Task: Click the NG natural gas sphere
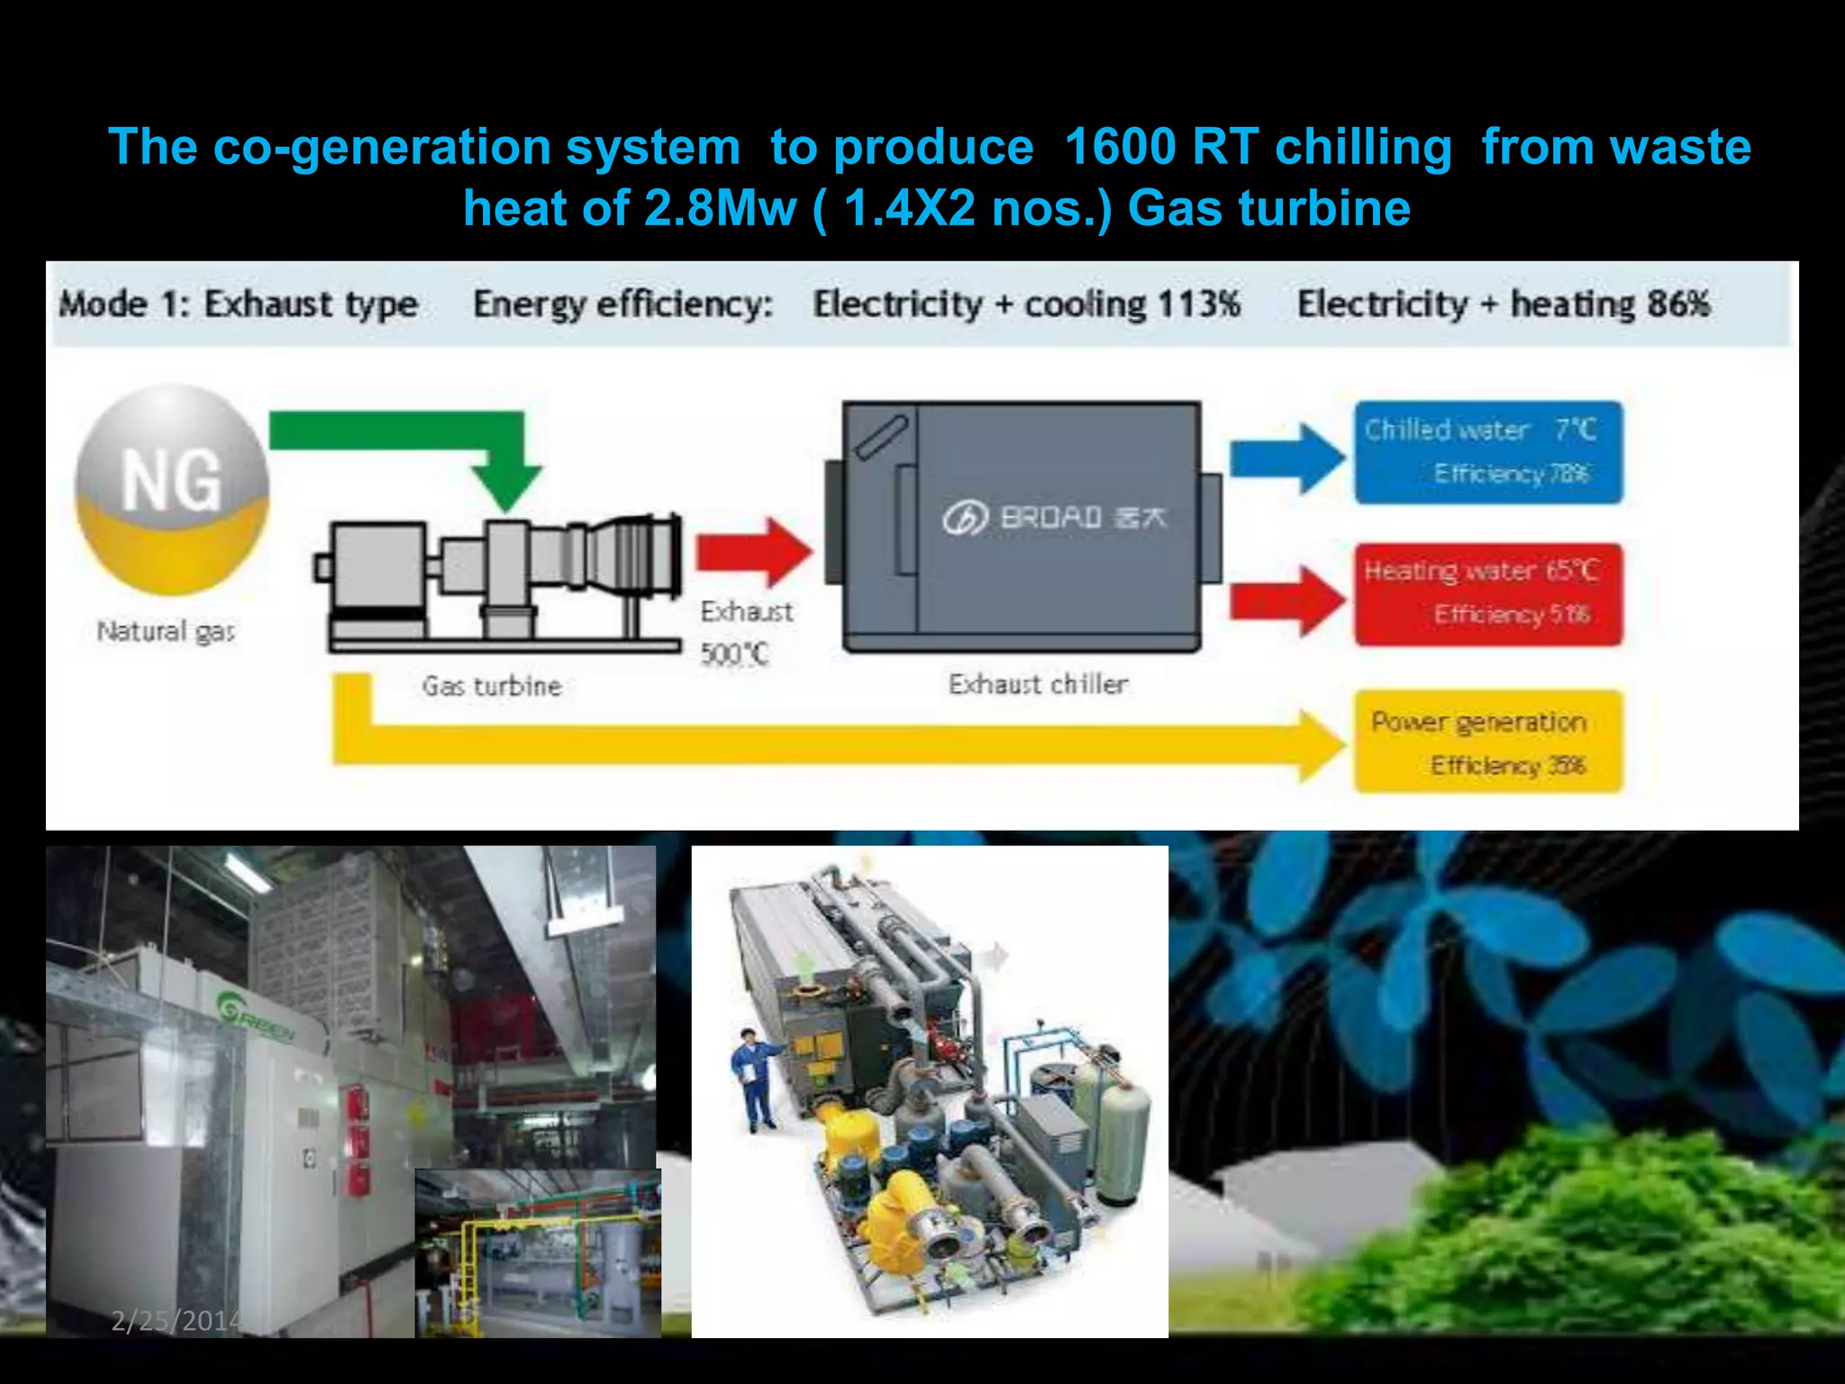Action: pyautogui.click(x=172, y=489)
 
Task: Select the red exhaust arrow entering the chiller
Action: pyautogui.click(x=752, y=552)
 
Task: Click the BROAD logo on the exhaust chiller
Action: pyautogui.click(x=1054, y=518)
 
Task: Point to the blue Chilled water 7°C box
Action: pyautogui.click(x=1487, y=452)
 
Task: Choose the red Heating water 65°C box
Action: pyautogui.click(x=1487, y=594)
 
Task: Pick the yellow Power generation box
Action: pyautogui.click(x=1487, y=742)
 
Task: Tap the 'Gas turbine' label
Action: pyautogui.click(x=492, y=687)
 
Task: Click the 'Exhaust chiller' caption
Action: pyautogui.click(x=1038, y=685)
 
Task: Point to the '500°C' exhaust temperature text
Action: pyautogui.click(x=735, y=653)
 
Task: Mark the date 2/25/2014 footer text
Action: pyautogui.click(x=177, y=1321)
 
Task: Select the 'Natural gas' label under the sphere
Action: pyautogui.click(x=167, y=632)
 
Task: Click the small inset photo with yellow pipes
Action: pyautogui.click(x=538, y=1252)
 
